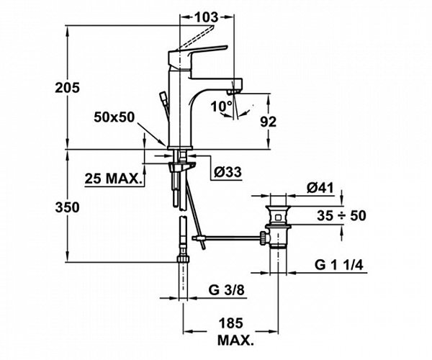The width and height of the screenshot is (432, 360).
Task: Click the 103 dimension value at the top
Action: (207, 17)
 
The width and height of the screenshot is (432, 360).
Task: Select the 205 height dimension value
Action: (67, 88)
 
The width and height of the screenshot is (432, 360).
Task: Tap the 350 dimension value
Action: (67, 207)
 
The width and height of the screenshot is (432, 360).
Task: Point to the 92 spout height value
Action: (269, 122)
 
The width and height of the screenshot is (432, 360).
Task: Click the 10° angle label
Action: (221, 107)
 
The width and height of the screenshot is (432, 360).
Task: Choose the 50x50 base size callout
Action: (114, 117)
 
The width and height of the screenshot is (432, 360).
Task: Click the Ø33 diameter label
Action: (228, 172)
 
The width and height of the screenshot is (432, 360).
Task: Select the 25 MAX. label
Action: (112, 179)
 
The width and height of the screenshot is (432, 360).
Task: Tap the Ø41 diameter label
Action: (320, 188)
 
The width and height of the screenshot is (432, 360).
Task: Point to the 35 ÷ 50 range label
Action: (341, 215)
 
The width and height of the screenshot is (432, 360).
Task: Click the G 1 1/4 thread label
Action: (339, 265)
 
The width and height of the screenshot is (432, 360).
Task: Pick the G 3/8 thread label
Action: (227, 290)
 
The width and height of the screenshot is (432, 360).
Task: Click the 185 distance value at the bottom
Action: (231, 323)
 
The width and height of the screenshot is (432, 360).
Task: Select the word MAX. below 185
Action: (235, 341)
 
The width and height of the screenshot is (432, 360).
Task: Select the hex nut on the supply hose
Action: (183, 258)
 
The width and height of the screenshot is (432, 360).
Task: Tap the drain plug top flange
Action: (278, 207)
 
